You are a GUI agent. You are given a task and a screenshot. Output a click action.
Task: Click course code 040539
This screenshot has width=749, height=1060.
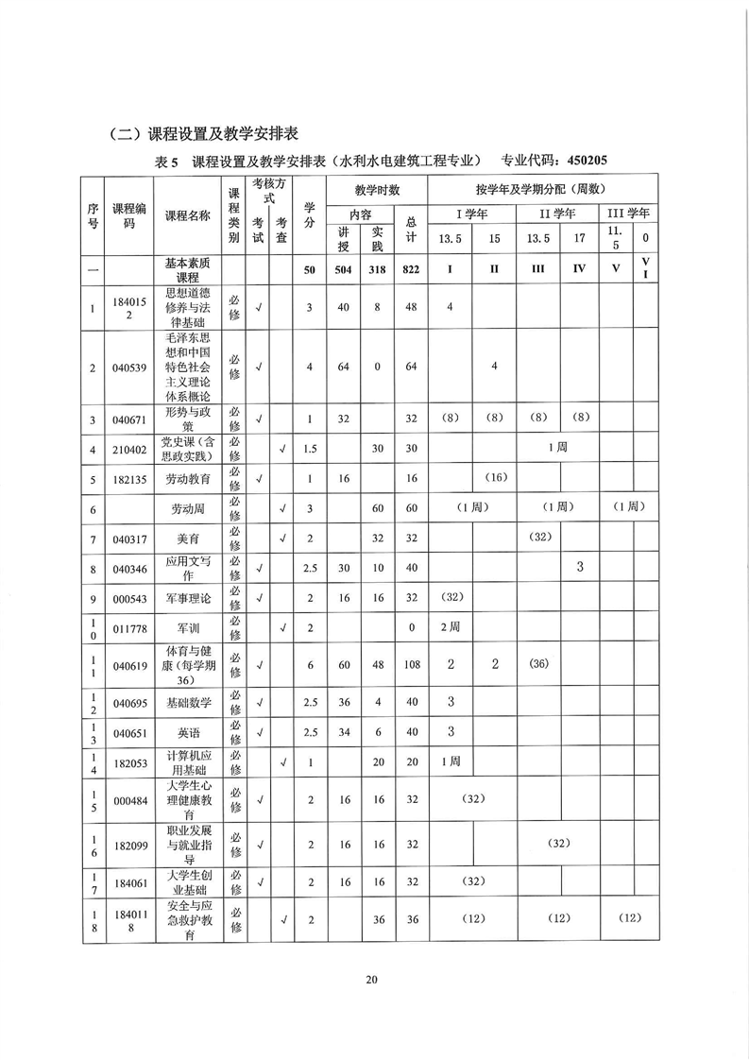tap(129, 368)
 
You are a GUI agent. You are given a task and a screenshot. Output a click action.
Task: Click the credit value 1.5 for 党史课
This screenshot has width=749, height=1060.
tap(309, 449)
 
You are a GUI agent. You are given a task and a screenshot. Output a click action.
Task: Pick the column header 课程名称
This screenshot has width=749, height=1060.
tap(189, 215)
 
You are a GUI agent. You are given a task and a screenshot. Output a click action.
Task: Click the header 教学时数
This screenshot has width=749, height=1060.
tap(377, 189)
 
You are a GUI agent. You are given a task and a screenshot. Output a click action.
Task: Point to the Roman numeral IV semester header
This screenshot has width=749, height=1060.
tap(579, 270)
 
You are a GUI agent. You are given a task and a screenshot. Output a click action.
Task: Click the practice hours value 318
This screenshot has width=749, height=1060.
tap(377, 270)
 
